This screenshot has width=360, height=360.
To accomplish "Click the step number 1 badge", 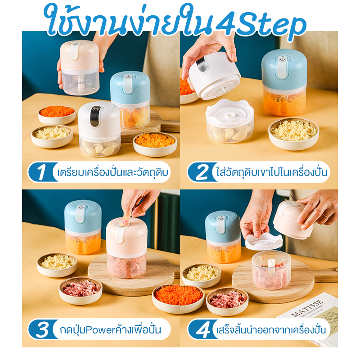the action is pyautogui.click(x=42, y=172).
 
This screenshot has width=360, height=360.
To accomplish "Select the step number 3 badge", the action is pyautogui.click(x=42, y=329).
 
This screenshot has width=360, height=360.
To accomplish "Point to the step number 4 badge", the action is pyautogui.click(x=202, y=329).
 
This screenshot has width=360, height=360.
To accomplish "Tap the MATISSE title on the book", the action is pyautogui.click(x=307, y=308).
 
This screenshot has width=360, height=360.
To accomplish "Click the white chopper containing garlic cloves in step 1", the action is pyautogui.click(x=99, y=129).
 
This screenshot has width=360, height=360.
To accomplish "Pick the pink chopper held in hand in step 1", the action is pyautogui.click(x=80, y=67).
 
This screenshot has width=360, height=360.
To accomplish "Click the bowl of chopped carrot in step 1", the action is pyautogui.click(x=57, y=115).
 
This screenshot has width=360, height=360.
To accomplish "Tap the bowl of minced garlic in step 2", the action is pyautogui.click(x=294, y=134).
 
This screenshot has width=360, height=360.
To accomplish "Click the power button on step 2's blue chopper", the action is pyautogui.click(x=283, y=59).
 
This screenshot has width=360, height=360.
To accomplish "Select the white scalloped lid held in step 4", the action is pyautogui.click(x=264, y=242).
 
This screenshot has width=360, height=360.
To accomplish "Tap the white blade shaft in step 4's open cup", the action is pyautogui.click(x=271, y=267).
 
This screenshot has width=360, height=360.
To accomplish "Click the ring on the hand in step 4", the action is pyautogui.click(x=325, y=216).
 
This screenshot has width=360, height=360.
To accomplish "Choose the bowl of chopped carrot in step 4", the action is pyautogui.click(x=178, y=299).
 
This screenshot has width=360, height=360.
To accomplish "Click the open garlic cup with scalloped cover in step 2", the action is pyautogui.click(x=230, y=121).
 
